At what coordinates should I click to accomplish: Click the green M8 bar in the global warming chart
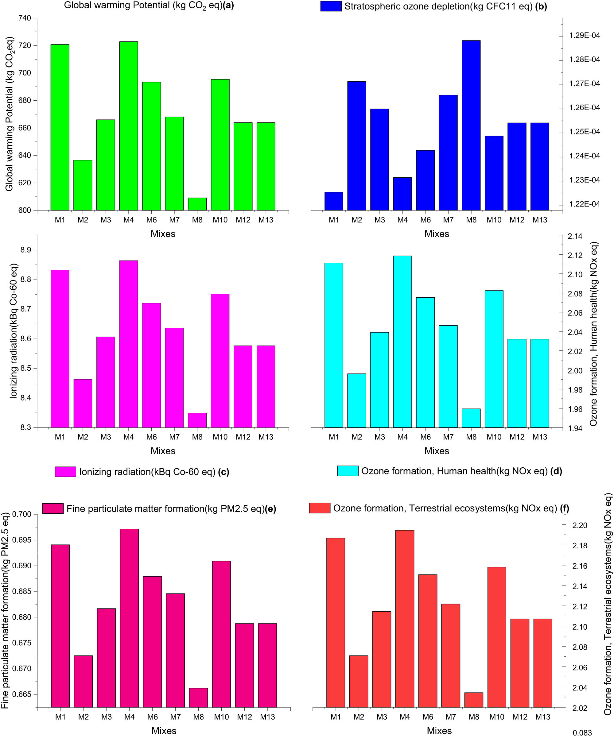(x=197, y=204)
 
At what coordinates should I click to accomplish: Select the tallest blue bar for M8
(x=471, y=125)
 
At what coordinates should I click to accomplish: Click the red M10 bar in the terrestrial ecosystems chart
(x=496, y=637)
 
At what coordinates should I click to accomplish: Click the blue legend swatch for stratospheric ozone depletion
(x=331, y=6)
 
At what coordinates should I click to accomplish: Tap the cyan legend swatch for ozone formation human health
(x=348, y=471)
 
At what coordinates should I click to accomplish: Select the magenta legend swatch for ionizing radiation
(x=65, y=472)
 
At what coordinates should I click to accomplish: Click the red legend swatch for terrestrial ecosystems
(x=319, y=508)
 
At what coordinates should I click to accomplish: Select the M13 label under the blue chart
(x=539, y=220)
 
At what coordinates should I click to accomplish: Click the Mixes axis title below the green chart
(x=163, y=234)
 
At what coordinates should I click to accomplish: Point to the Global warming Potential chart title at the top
(x=149, y=6)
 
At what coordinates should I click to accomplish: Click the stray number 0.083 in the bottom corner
(x=582, y=733)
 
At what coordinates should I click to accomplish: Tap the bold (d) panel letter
(x=556, y=471)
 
